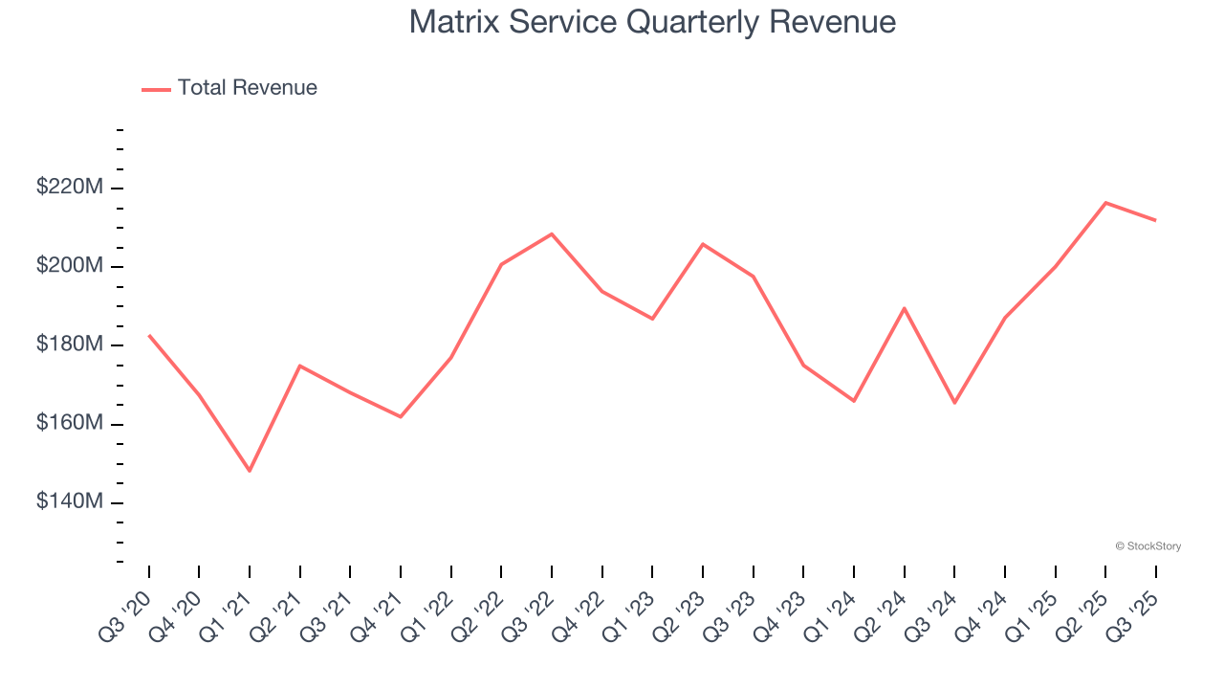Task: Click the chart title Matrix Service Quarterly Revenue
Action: (x=652, y=22)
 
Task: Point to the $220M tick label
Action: (x=70, y=188)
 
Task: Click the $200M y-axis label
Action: (x=70, y=266)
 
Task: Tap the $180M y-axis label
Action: (x=70, y=344)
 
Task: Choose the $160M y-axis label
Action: (x=70, y=423)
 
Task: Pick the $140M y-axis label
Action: (x=70, y=501)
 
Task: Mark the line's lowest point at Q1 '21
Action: (x=250, y=471)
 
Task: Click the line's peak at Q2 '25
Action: (x=1105, y=203)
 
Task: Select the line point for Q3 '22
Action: (x=552, y=233)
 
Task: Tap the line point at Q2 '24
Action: (x=904, y=308)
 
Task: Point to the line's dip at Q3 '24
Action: (x=954, y=402)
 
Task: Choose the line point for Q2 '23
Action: (x=703, y=244)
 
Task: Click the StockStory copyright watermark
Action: (x=1147, y=546)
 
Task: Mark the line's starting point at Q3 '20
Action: (x=149, y=335)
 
